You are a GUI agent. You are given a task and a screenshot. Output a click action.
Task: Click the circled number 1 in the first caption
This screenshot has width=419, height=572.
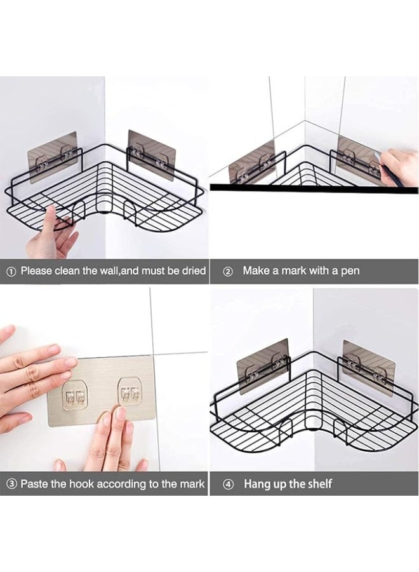[11, 271]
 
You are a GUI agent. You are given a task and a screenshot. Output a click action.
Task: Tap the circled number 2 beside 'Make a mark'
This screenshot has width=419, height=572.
[229, 271]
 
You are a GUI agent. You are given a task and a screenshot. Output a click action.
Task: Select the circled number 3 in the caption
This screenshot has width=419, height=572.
[11, 484]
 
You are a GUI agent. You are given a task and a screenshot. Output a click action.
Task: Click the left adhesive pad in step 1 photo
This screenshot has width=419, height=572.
[52, 156]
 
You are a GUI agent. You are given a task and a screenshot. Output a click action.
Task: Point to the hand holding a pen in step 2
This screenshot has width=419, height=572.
[399, 167]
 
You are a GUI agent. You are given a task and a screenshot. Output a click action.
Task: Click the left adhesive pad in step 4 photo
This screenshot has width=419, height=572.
[263, 362]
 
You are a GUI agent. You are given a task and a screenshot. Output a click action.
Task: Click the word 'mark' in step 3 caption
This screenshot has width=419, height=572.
[190, 484]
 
